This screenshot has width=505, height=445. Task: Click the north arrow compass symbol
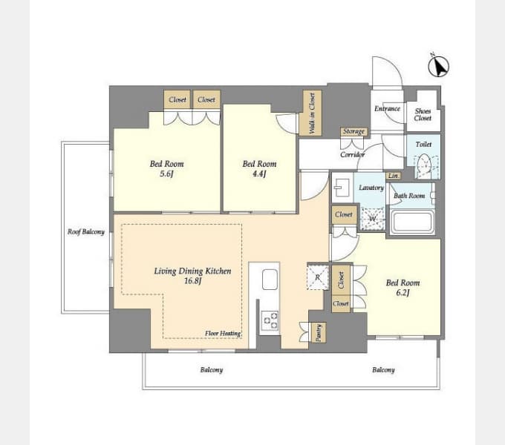439,67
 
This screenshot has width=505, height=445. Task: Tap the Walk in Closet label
311,113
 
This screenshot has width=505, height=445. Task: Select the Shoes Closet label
423,113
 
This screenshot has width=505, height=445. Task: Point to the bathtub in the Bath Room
411,222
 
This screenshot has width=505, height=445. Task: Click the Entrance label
387,109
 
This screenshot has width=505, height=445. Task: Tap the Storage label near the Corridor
353,131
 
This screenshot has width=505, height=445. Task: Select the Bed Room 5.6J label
167,168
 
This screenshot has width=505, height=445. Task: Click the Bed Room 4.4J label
260,168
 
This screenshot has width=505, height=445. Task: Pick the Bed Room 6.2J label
402,288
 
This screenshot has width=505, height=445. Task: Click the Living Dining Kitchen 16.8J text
192,276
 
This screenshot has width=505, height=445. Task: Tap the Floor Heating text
223,334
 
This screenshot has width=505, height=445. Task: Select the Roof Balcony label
85,231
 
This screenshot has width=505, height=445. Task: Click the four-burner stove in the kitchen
269,320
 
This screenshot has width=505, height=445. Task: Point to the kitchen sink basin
270,280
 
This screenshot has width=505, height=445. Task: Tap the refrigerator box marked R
317,276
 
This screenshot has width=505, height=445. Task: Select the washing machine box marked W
371,218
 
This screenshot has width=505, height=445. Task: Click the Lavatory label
371,188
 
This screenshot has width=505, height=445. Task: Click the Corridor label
352,154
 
